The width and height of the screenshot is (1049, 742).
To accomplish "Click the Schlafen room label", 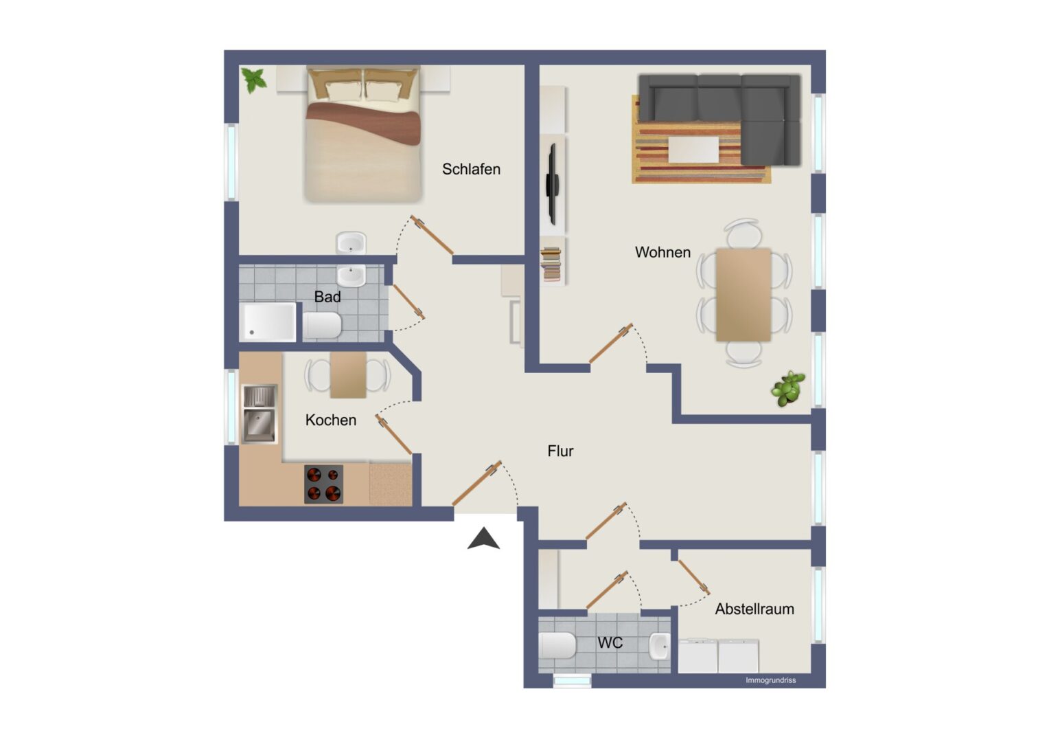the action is tap(471, 169).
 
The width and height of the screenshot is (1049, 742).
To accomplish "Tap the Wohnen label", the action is tap(662, 252).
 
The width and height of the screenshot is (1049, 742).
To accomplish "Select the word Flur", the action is tap(560, 451).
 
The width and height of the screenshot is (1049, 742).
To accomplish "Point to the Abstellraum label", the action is tap(754, 609).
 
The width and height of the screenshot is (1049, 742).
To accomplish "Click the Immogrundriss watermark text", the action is tap(771, 680).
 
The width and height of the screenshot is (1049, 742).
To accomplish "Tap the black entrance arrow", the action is tap(484, 538).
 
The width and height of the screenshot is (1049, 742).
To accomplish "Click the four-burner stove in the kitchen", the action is tap(323, 484).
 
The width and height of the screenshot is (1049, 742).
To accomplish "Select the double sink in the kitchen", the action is tap(260, 414).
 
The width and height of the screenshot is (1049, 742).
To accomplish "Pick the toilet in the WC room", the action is tap(557, 645).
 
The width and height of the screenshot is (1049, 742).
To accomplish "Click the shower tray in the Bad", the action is tap(268, 322).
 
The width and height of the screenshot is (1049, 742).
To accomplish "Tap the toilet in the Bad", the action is tap(322, 325).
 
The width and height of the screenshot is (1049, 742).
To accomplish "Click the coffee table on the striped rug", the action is tap(693, 150).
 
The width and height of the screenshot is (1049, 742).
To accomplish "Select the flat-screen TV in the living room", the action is tap(553, 184).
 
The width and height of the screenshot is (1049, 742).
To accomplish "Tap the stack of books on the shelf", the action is tap(551, 265).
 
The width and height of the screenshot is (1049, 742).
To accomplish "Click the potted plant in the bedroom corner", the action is tap(253, 80).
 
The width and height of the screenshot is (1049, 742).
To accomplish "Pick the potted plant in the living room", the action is tap(789, 388).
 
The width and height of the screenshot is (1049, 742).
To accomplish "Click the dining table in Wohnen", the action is tap(743, 295).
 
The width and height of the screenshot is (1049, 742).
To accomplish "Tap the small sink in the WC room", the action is tap(660, 647).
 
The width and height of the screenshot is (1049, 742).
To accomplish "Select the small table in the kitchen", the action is tap(348, 375).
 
